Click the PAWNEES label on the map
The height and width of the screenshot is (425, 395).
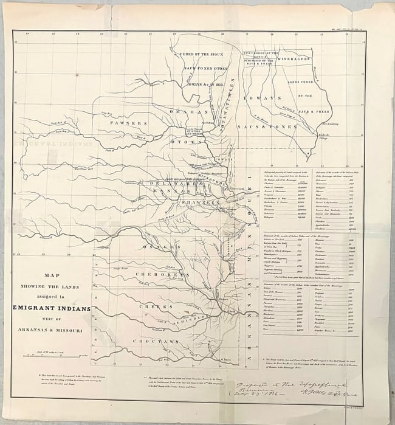pos(128,123)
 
